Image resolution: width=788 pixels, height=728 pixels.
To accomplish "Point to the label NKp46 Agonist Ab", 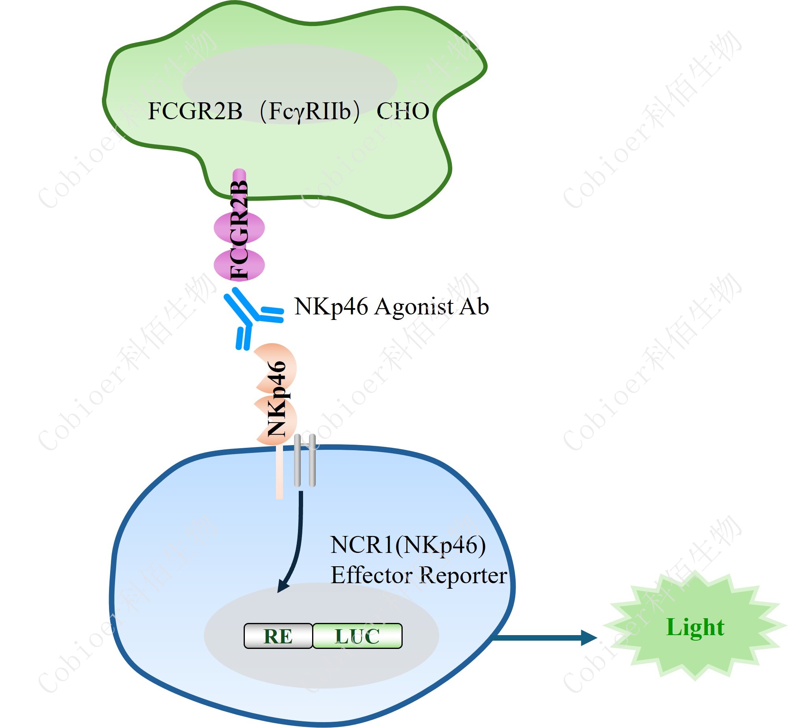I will (392, 307).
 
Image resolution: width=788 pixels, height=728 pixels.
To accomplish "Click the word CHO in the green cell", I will (403, 111).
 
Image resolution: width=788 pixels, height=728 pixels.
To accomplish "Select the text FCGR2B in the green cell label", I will (195, 111).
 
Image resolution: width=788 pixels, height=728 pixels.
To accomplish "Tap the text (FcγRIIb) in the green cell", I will (310, 111).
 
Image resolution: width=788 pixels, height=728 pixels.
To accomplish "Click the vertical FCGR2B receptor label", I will (239, 231).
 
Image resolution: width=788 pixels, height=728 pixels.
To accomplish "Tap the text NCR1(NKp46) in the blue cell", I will (408, 545).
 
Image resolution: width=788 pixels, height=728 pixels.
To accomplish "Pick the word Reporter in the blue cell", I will (463, 576).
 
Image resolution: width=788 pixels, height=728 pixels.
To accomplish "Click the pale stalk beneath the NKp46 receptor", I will (279, 473).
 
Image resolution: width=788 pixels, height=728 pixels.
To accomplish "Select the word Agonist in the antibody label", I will (414, 307).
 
